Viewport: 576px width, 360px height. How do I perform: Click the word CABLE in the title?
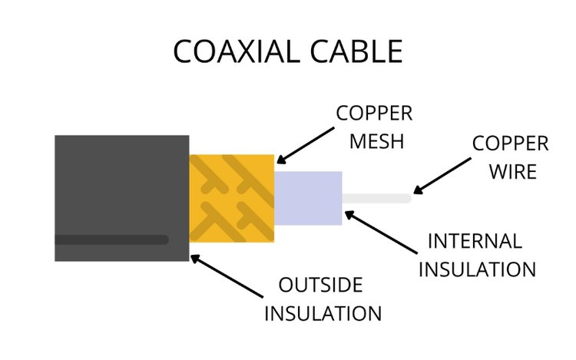[356, 51]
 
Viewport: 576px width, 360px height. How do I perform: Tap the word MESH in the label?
[376, 141]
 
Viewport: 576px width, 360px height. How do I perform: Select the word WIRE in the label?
[513, 171]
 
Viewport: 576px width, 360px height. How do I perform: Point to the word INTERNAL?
[475, 241]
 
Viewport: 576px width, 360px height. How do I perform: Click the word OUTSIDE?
[321, 285]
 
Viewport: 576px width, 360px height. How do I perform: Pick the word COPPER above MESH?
[374, 113]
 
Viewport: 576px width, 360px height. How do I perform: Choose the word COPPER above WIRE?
[510, 143]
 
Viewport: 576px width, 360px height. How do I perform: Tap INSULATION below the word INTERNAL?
[477, 269]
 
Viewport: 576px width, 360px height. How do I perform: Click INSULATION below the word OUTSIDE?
[323, 313]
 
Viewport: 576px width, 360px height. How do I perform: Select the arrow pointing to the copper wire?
[442, 176]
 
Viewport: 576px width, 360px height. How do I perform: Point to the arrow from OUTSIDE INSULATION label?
[227, 276]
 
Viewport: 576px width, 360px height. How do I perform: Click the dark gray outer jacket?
[122, 198]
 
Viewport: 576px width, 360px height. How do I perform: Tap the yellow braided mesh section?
[232, 198]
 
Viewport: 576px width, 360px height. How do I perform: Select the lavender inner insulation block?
[308, 198]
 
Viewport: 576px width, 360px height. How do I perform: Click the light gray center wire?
[377, 199]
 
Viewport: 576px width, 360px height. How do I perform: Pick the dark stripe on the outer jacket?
[111, 239]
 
